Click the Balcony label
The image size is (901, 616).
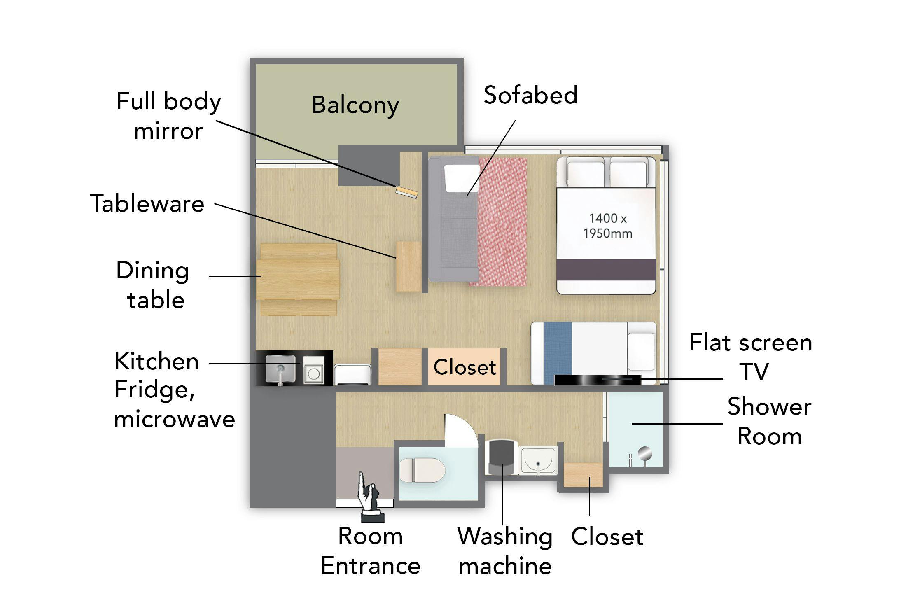(x=355, y=105)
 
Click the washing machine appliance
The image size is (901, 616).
(x=501, y=457)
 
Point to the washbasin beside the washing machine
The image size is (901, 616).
(x=538, y=460)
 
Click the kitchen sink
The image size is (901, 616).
(x=280, y=368)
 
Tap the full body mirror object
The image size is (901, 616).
(x=407, y=192)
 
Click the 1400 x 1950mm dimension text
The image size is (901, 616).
(x=607, y=226)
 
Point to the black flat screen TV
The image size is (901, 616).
(x=598, y=380)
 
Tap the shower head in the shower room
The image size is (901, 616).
(x=644, y=453)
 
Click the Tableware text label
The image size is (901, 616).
(x=147, y=203)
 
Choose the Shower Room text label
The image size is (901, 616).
(x=769, y=421)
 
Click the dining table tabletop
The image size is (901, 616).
(x=298, y=279)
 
